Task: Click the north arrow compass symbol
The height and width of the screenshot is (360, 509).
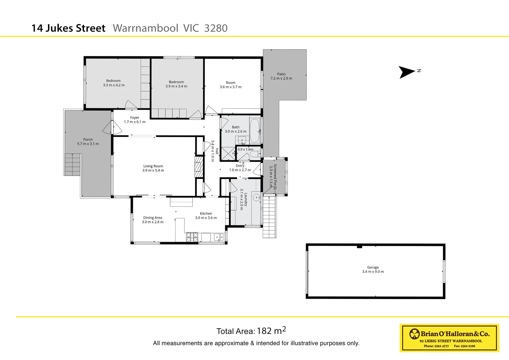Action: coord(407,72)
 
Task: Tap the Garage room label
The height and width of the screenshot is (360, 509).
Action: coord(373,267)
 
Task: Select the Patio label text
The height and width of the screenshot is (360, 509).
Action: coord(281,74)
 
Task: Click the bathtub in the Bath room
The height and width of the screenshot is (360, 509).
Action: coord(255,130)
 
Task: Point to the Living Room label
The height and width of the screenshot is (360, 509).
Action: coord(153,166)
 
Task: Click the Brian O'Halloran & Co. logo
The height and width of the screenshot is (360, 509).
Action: coord(449,338)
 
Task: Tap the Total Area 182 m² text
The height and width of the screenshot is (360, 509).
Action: coord(251,331)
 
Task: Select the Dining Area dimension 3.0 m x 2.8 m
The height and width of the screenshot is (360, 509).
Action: coord(153,222)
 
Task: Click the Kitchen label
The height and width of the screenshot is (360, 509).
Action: coord(206,213)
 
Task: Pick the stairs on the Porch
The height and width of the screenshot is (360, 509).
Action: coord(72,164)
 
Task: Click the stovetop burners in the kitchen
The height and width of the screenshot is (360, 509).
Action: coord(192,237)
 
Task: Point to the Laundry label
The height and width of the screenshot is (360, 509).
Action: coord(246,199)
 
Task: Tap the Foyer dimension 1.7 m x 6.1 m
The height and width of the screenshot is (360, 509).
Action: coord(135,122)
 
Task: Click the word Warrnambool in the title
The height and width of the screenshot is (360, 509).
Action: coord(146,28)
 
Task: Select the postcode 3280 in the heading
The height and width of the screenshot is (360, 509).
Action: coord(216,28)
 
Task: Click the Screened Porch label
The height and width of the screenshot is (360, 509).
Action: coord(275,176)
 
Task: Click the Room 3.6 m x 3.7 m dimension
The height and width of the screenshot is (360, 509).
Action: coord(231,87)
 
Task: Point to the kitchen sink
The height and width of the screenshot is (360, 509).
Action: coord(219,237)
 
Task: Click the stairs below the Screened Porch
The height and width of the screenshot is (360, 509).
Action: coord(269,217)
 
